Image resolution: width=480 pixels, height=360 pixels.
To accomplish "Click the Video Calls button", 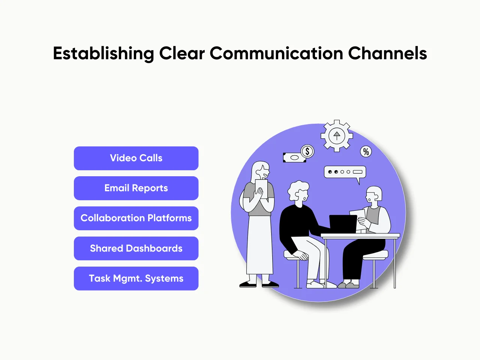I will pos(136,158).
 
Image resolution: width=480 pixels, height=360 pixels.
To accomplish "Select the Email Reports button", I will pos(136,188).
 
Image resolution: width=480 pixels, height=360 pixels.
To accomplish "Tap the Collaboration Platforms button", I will pos(136,218).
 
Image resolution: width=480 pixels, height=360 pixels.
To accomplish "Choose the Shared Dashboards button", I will pos(136,248).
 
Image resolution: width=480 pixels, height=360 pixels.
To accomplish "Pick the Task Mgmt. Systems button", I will pos(136,278).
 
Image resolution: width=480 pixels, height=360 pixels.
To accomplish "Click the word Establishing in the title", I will pos(103,54).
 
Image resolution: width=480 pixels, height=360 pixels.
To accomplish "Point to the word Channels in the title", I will pos(387,54).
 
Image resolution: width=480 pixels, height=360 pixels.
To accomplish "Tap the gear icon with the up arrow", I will pos(337,136).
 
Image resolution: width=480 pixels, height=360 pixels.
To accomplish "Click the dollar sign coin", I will pos(307,151).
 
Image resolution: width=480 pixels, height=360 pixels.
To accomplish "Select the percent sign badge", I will pos(366,151).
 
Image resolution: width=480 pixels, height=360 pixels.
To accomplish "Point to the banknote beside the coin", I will pos(294,157).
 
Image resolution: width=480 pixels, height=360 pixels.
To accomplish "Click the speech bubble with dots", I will pos(345,172).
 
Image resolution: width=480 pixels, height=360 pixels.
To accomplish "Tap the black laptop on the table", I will pos(343,224).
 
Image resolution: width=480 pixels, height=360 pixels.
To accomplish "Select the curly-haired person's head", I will pos(299,192).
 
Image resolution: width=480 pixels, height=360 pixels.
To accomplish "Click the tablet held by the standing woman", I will pos(261,188).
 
